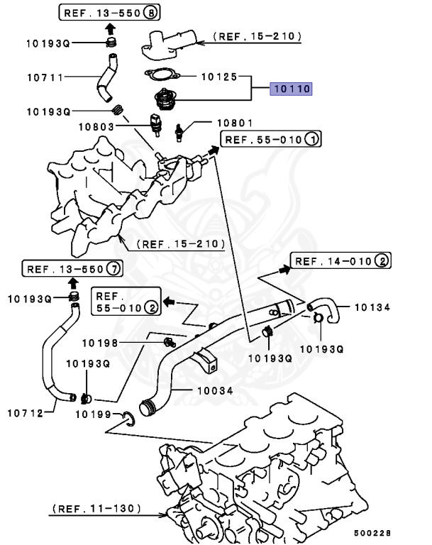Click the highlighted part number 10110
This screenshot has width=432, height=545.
pos(290,89)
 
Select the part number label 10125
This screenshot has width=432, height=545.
pos(219,75)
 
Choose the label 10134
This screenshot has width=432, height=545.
pos(373,307)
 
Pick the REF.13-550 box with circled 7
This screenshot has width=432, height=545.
pos(72,268)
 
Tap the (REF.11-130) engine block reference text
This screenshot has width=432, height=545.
pos(96,509)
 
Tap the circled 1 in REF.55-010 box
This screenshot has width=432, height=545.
pos(311,139)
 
